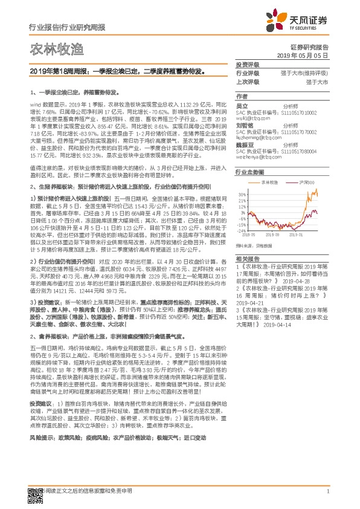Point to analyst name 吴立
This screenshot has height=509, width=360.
coord(242,106)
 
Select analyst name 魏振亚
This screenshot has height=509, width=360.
coord(245,144)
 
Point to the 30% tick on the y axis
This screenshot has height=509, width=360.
coord(242,195)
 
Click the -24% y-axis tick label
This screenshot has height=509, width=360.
coord(241,231)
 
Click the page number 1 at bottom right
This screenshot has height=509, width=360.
coord(327,498)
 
